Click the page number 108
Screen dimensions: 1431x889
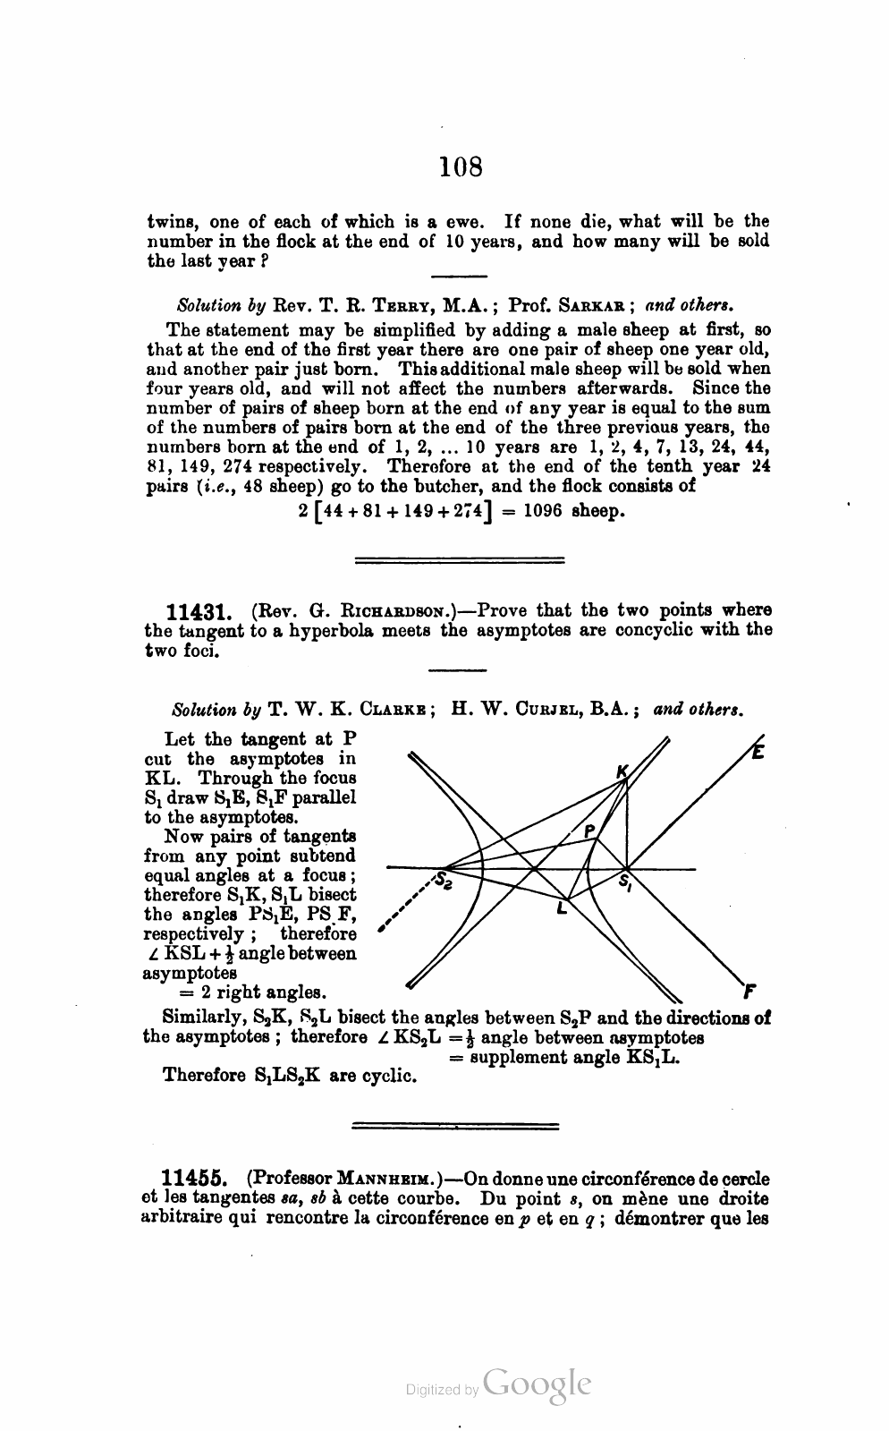tap(461, 166)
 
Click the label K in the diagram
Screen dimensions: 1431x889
tap(622, 771)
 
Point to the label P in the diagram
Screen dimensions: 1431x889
tap(589, 831)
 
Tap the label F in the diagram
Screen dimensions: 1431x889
tap(749, 992)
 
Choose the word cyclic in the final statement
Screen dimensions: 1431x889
tap(390, 1076)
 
